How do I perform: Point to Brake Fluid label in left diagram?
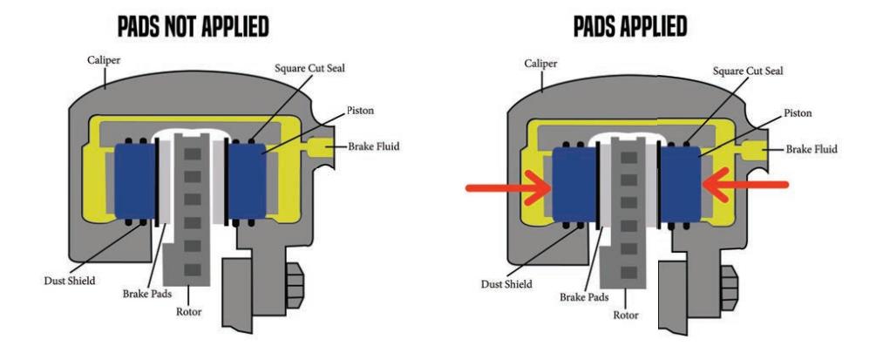tap(374, 146)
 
